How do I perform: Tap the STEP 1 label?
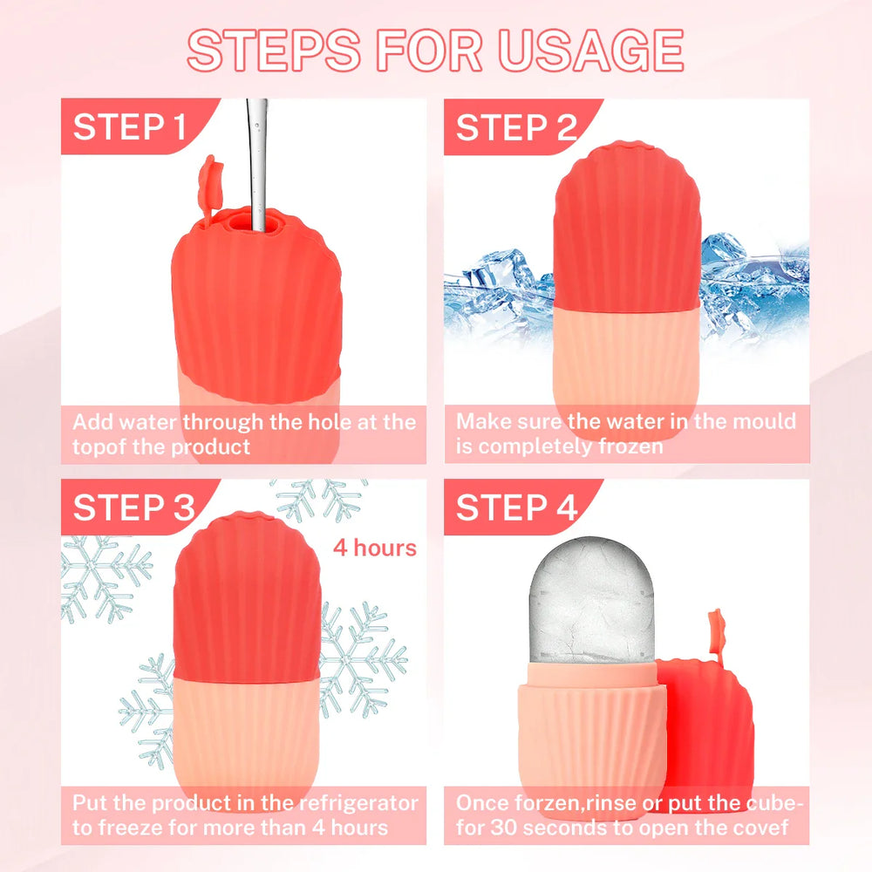point(130,127)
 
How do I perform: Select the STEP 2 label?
point(516,127)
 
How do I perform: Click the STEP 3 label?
point(133,508)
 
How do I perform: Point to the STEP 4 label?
point(516,508)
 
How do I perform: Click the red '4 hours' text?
point(374,548)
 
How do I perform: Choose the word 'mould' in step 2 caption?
point(764,422)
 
